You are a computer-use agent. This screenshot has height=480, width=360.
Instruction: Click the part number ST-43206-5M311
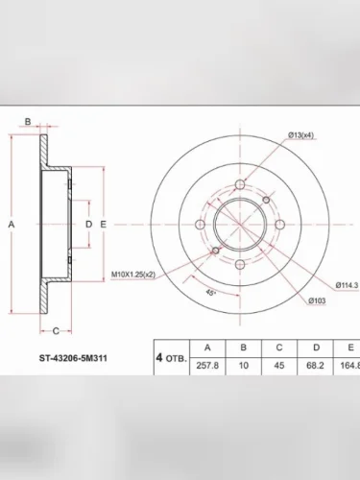(73, 358)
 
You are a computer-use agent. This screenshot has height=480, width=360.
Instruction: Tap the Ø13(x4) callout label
(300, 135)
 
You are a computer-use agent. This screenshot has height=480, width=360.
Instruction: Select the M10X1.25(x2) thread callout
(133, 275)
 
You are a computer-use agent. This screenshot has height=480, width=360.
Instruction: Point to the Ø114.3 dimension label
(347, 285)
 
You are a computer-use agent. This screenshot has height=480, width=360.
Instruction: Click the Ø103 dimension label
(317, 300)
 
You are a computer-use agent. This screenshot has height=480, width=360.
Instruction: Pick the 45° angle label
(210, 293)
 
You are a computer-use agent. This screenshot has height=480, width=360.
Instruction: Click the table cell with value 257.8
(207, 365)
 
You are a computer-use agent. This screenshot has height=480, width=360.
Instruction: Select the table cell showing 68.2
(315, 365)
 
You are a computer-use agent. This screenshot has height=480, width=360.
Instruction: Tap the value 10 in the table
(244, 365)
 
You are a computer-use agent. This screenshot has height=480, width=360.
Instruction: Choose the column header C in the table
(279, 348)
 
